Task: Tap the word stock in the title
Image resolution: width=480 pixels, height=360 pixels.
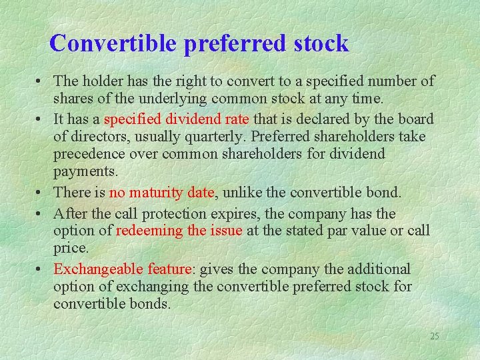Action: pos(320,43)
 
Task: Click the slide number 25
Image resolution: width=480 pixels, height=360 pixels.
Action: pos(434,336)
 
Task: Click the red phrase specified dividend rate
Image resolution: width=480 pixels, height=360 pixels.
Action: pos(177,119)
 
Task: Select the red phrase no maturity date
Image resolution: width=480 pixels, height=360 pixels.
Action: pos(162,193)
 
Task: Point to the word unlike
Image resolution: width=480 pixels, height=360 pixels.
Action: pos(241,193)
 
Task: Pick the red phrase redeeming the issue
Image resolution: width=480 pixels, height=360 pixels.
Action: pos(179,231)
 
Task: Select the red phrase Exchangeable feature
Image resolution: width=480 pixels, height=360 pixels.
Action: pos(123,269)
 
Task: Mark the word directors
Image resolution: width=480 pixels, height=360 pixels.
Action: pos(99,137)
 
